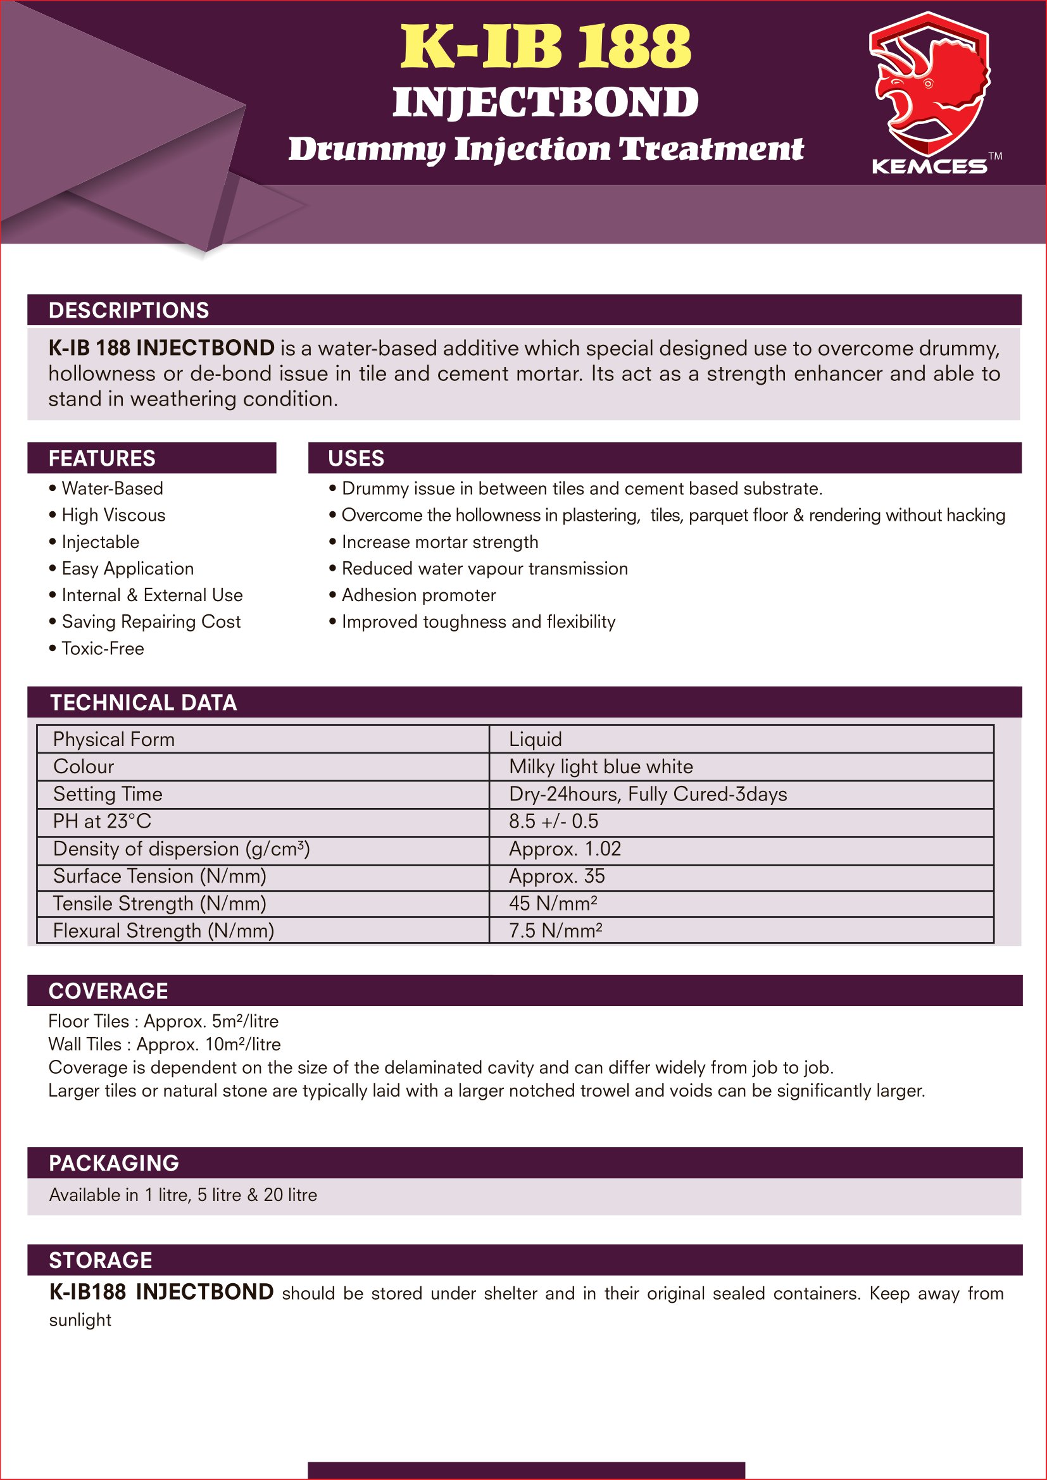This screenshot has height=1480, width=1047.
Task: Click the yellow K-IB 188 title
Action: click(546, 46)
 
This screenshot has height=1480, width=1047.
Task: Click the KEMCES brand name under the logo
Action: click(929, 166)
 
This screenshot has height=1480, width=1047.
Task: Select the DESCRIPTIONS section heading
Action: click(129, 310)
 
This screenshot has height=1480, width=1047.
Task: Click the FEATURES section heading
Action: click(102, 458)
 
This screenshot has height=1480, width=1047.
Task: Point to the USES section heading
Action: click(356, 458)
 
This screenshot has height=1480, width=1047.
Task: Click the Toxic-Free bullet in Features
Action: click(103, 649)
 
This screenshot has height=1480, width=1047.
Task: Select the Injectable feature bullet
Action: click(100, 542)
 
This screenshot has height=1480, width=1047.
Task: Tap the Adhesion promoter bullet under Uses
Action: click(418, 595)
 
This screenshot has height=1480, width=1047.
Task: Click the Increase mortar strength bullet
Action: click(440, 542)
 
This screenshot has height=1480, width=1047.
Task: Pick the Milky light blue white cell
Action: click(601, 766)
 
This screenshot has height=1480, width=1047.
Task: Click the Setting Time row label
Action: click(108, 794)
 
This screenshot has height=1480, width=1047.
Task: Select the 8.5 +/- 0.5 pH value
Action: click(553, 821)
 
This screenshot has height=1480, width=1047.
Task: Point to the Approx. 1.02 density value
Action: click(565, 849)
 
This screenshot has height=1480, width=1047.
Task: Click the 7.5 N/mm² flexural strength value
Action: click(555, 931)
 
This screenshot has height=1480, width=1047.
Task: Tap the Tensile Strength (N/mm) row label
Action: click(160, 904)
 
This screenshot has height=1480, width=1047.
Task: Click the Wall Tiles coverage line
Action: click(165, 1044)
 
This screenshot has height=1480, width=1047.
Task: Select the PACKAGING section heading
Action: click(114, 1164)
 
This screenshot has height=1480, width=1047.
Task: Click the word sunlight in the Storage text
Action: click(80, 1320)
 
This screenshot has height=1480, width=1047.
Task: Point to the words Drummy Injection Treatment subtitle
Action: click(546, 149)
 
